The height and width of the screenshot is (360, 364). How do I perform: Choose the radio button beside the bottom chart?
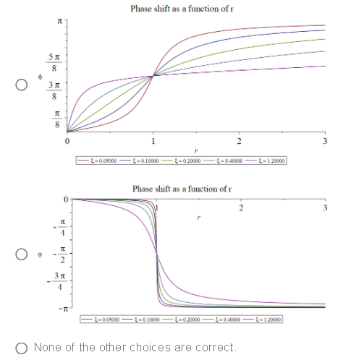(22, 254)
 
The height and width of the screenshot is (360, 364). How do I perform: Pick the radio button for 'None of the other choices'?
(22, 347)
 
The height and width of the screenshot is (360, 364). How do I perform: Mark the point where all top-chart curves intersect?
(152, 76)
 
